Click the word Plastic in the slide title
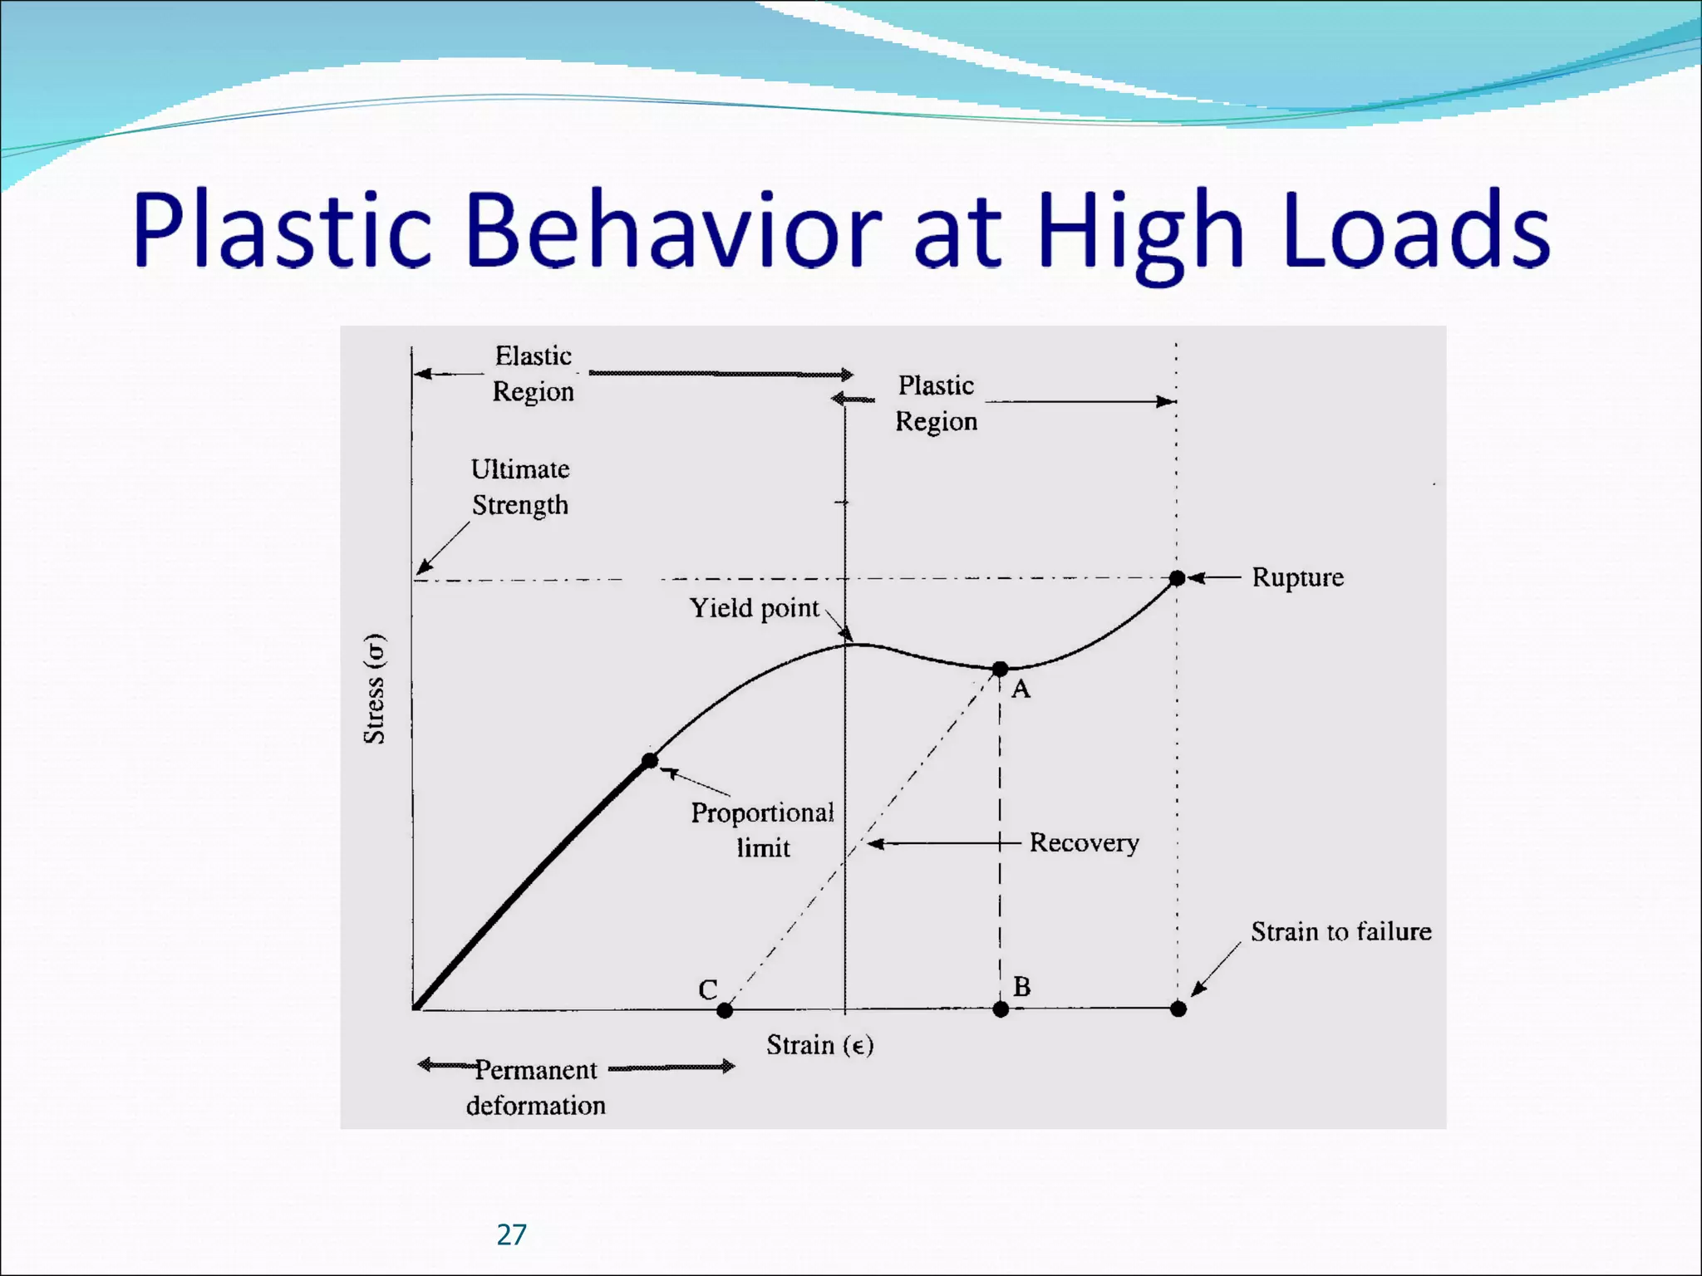pos(283,230)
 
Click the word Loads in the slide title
pos(1416,230)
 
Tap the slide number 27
pos(511,1234)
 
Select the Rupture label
pos(1297,577)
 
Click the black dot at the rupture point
pos(1177,578)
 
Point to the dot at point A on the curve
pos(1001,669)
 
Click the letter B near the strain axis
pos(1022,987)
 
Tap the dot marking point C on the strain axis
pos(725,1010)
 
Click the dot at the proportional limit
pos(650,760)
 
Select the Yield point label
pos(755,608)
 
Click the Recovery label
pos(1084,843)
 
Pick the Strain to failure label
pos(1341,932)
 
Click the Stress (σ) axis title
pos(375,689)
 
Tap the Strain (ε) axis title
pos(819,1045)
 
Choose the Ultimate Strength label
pos(520,487)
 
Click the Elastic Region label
pos(534,374)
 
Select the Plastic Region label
pos(936,404)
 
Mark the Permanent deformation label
pos(536,1087)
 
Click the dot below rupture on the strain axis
pos(1178,1009)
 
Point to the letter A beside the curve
pos(1021,689)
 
